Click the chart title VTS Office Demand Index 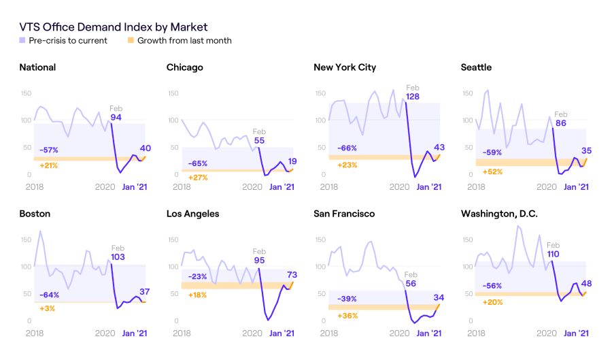113,27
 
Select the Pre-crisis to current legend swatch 22,41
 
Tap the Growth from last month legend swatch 131,41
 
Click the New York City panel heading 345,67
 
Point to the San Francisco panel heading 344,214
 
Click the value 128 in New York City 413,97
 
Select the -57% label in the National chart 48,150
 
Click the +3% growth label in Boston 47,309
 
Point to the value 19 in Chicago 292,161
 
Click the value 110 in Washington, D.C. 554,255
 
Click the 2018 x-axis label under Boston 34,333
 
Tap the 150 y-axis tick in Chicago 174,93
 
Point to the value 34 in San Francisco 439,297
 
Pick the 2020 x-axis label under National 105,186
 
